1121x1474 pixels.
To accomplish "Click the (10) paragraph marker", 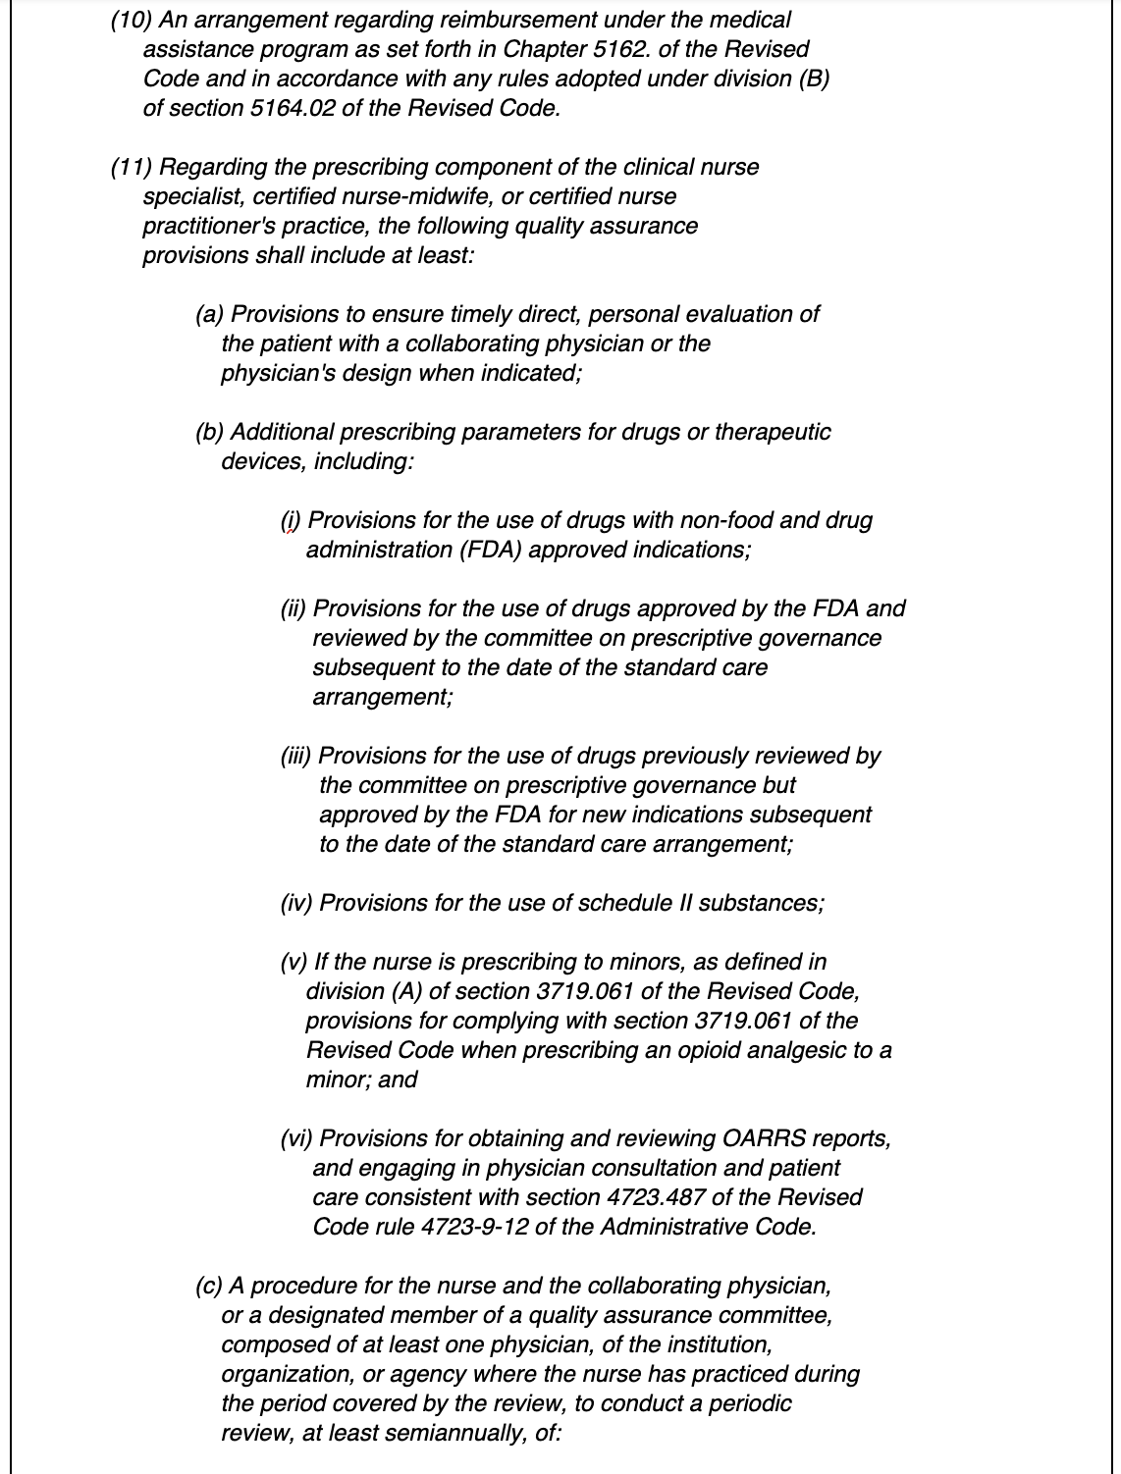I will (127, 20).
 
